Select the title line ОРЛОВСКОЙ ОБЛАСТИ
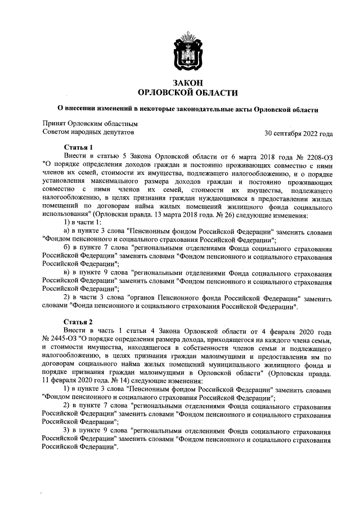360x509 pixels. click(187, 93)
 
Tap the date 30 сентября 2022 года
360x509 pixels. click(298, 134)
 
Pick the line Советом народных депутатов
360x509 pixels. click(89, 133)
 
